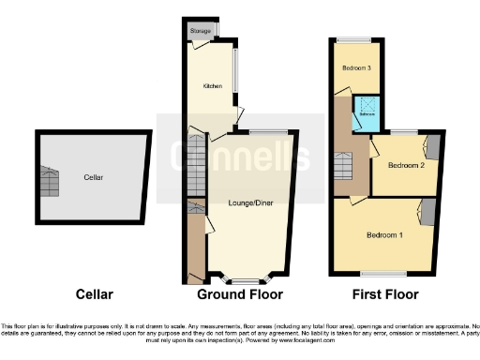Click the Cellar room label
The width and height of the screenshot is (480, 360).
(93, 176)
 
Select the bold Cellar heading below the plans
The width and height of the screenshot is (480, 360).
(93, 294)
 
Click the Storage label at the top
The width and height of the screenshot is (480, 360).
(200, 31)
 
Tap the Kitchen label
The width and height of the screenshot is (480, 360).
(212, 86)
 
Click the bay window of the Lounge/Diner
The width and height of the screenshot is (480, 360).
(245, 279)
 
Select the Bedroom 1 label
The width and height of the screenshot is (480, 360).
(384, 233)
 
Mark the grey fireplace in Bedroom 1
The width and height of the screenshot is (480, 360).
(427, 214)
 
